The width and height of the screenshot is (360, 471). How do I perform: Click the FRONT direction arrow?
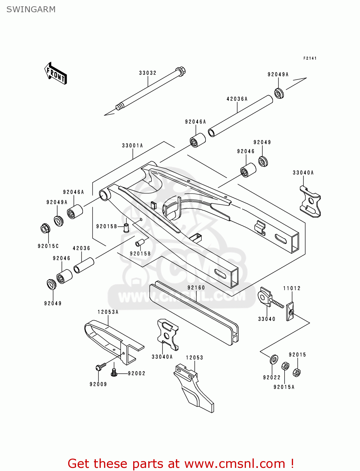(x=56, y=73)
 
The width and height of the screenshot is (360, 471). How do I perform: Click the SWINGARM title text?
(x=31, y=9)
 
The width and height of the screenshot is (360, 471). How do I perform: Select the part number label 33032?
(x=148, y=73)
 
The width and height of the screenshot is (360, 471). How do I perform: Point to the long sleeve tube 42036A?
(x=241, y=116)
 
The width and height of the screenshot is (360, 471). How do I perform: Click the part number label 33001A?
(x=132, y=146)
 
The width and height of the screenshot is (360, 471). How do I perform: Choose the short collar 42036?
(x=84, y=265)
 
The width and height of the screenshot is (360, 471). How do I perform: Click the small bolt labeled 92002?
(x=114, y=373)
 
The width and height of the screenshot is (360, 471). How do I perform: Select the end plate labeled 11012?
(x=290, y=311)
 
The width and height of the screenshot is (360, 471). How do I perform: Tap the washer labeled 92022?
(x=274, y=359)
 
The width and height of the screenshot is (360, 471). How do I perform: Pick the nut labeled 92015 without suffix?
(x=297, y=372)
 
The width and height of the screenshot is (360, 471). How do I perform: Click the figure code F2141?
(x=310, y=58)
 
